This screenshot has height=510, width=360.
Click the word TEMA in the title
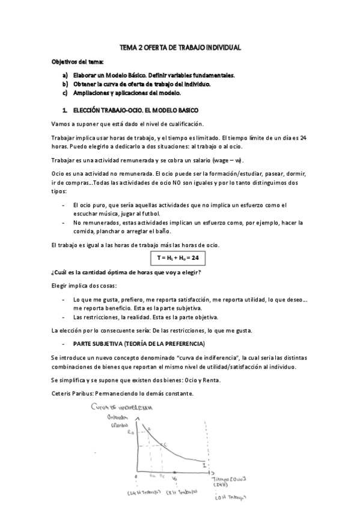click(x=129, y=48)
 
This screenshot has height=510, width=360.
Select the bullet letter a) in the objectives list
click(x=65, y=75)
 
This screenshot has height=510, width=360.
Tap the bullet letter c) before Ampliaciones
click(x=65, y=93)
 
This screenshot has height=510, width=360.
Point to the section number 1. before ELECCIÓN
click(x=64, y=111)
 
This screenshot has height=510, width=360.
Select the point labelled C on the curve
click(x=165, y=443)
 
